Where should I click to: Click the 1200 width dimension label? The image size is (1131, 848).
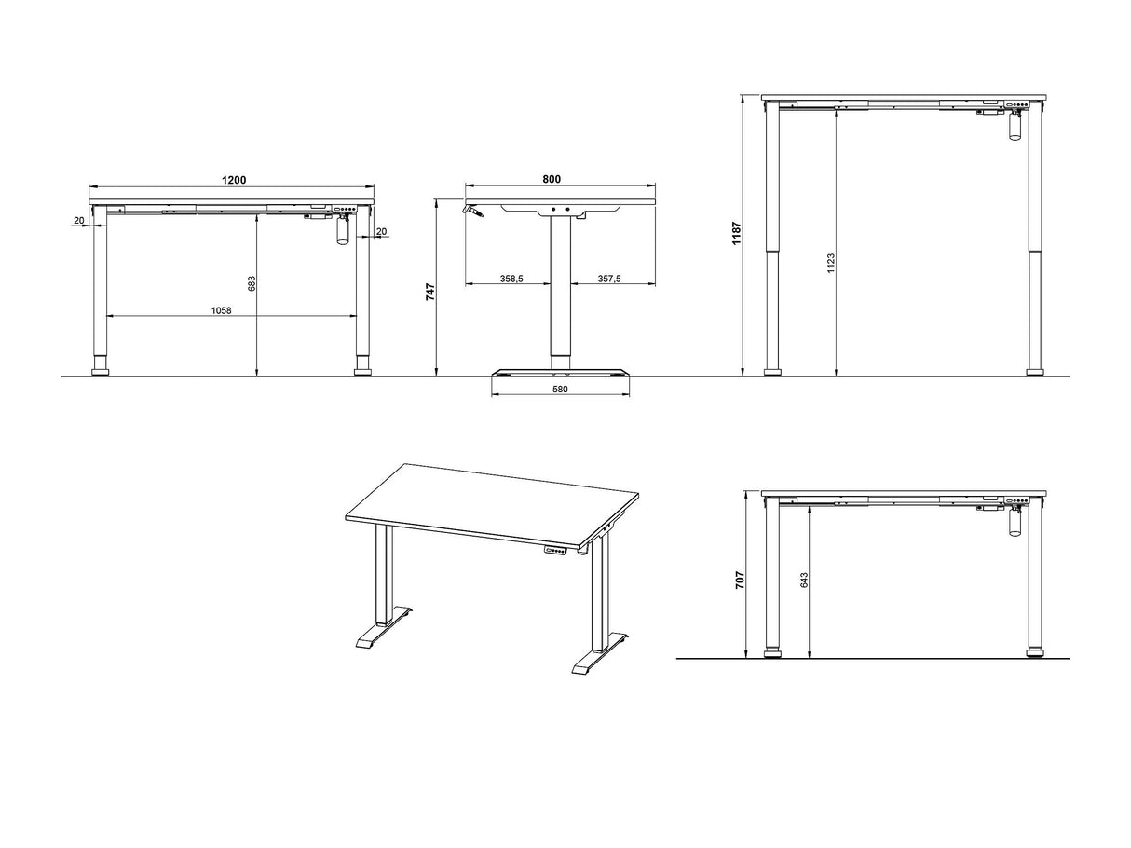[x=234, y=180]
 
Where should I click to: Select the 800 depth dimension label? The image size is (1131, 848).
[x=552, y=179]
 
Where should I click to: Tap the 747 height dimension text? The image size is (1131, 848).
[x=430, y=292]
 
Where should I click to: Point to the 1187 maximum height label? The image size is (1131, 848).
[x=736, y=233]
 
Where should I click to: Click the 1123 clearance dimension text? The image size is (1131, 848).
[x=831, y=263]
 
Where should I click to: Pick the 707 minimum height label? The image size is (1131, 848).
[x=740, y=581]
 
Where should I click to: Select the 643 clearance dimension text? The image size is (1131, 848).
[x=804, y=579]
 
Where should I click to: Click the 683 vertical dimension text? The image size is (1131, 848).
[x=252, y=283]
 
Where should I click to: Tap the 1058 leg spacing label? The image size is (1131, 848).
[x=222, y=310]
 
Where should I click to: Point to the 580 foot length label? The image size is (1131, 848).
[x=560, y=390]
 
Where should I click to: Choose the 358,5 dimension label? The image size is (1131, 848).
[x=511, y=279]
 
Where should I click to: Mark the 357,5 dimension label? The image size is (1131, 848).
[x=609, y=279]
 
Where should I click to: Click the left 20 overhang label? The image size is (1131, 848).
[x=79, y=221]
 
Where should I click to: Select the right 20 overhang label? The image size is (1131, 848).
[x=381, y=232]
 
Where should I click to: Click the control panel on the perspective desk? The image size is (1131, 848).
[x=555, y=552]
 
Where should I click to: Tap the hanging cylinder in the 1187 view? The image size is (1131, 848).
[x=1015, y=127]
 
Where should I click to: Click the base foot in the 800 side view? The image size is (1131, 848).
[x=560, y=373]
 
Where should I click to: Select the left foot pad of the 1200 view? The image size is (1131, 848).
[x=101, y=372]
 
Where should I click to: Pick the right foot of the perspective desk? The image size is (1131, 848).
[x=600, y=653]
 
